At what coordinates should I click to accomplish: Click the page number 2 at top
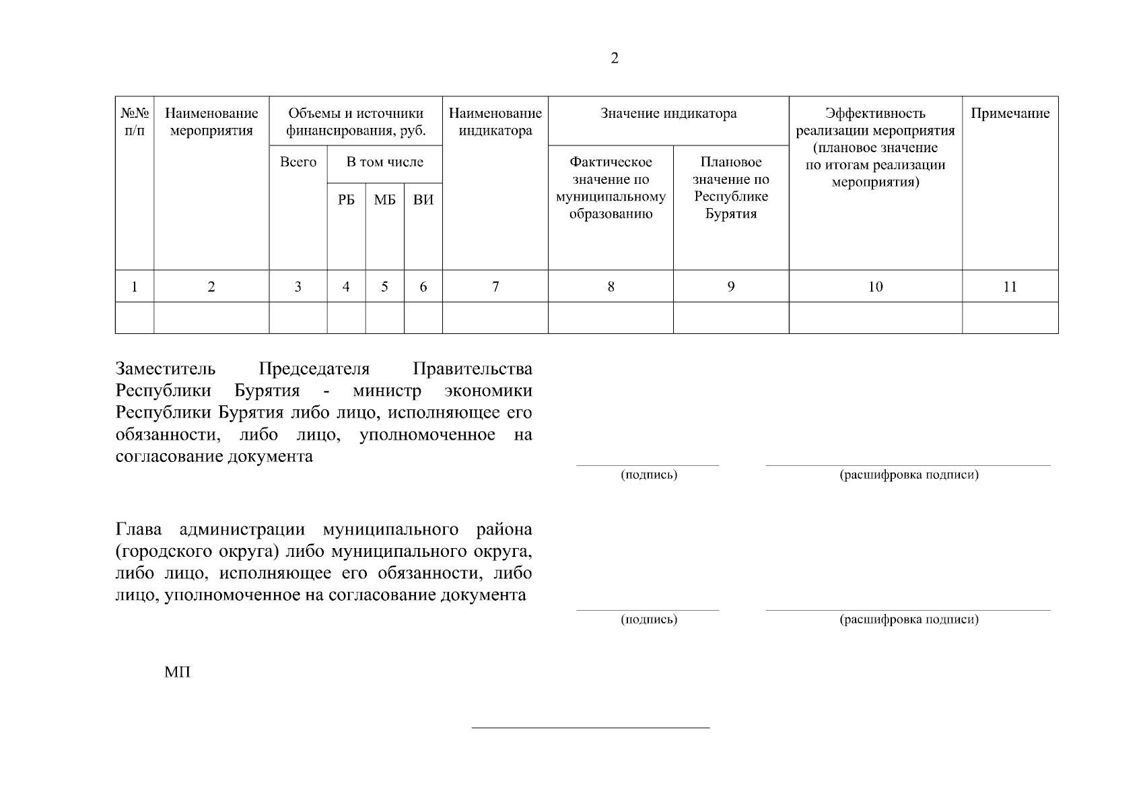pos(614,59)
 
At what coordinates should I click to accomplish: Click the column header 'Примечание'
pos(1010,114)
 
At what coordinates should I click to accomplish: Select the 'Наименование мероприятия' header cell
pos(211,122)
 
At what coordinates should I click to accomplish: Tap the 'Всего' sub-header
pos(298,162)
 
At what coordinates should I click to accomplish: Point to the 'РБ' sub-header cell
pos(346,200)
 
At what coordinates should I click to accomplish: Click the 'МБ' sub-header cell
pos(384,200)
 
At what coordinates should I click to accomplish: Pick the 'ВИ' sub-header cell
pos(423,200)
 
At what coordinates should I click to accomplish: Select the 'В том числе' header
pos(384,162)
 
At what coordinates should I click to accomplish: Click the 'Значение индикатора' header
pos(668,114)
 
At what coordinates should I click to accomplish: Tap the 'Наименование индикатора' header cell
pos(495,122)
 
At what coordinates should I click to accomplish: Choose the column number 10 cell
pos(875,287)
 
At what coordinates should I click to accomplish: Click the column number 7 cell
pos(495,287)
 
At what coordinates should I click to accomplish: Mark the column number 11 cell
pos(1010,287)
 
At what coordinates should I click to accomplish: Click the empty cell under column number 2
pos(211,318)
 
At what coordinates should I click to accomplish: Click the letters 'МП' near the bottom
pos(178,672)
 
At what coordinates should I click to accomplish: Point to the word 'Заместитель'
pos(166,369)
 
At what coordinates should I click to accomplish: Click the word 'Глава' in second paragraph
pos(139,530)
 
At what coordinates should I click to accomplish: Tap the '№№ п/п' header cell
pos(135,122)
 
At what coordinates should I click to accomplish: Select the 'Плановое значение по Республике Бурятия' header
pos(731,188)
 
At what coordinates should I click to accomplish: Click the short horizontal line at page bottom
pos(590,728)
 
